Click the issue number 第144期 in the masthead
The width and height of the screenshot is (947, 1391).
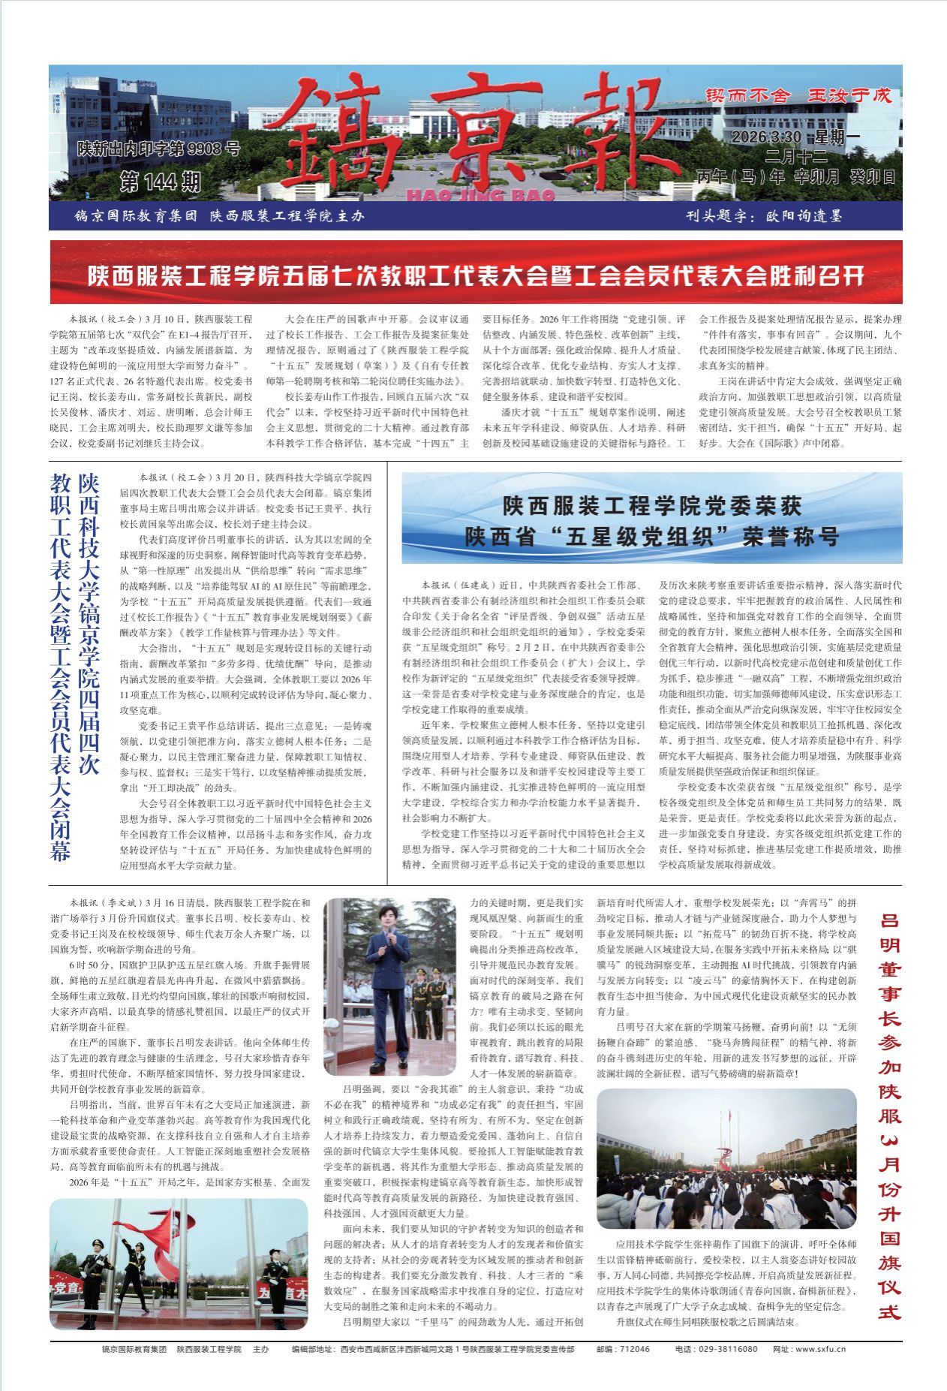click(161, 181)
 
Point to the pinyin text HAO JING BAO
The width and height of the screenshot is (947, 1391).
click(480, 195)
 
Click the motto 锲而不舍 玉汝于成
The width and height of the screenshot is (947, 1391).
click(798, 95)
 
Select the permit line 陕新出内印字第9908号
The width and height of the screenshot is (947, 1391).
click(158, 149)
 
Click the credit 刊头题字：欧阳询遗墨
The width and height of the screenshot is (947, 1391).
click(764, 216)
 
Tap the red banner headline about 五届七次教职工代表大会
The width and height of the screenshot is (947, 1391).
click(476, 275)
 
